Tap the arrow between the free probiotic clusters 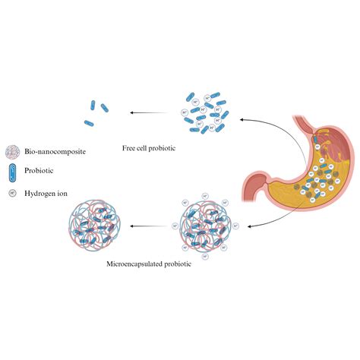[150, 112]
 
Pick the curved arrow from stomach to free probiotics [273, 125]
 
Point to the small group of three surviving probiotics [93, 112]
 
